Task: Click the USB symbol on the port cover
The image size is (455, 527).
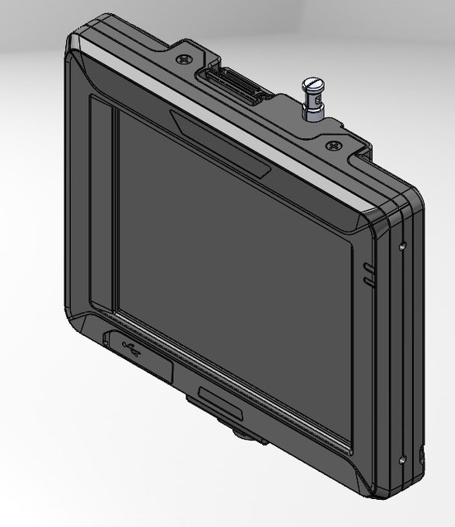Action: pos(131,347)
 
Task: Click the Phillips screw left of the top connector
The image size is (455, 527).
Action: pos(182,59)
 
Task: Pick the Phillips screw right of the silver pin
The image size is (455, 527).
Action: pos(332,146)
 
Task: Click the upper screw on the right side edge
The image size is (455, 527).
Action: pos(402,245)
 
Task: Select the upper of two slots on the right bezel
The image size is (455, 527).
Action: pos(368,268)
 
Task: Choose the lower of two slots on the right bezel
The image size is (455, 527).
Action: pos(368,282)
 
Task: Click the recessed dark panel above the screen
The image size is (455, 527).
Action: pos(220,143)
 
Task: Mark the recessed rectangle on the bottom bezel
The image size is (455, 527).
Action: pos(220,403)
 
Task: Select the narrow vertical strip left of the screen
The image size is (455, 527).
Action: pos(102,206)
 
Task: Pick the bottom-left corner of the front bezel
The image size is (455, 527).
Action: pos(78,317)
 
